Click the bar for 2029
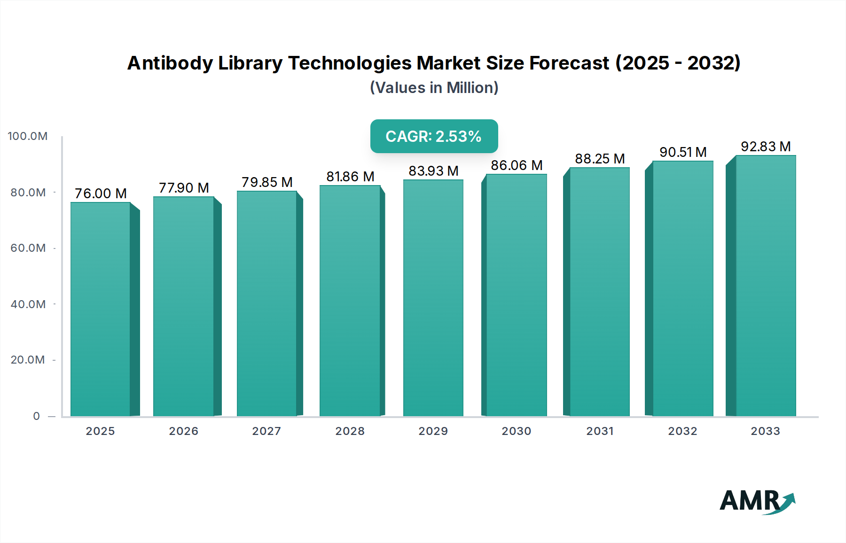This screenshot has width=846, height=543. pos(433,298)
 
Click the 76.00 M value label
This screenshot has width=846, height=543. pos(101,194)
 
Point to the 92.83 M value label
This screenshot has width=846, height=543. pos(766,147)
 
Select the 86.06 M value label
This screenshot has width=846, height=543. pos(517,165)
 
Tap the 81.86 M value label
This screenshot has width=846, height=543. pos(350,177)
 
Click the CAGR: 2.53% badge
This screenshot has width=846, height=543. pos(434,136)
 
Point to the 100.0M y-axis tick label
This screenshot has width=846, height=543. pos(28,136)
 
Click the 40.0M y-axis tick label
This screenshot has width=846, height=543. pos(28,304)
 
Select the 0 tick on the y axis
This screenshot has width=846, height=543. pos(37,416)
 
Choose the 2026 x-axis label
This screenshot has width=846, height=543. pos(184,431)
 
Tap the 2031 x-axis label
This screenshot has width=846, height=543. pos(600,431)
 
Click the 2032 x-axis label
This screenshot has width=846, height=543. pos(682,431)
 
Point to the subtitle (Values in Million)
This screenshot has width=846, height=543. pos(434,88)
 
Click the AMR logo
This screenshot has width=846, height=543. pos(757,501)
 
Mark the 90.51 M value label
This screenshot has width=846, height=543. pos(683,152)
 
